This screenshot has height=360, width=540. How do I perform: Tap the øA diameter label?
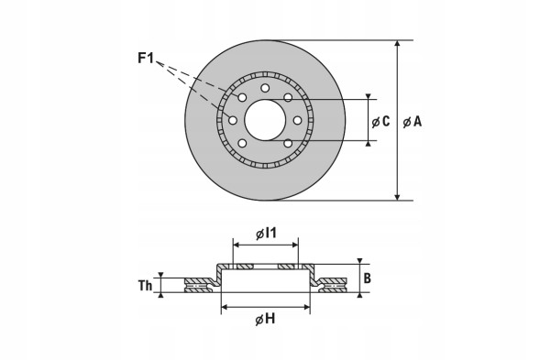click(x=412, y=121)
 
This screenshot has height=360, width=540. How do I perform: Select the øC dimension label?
click(x=380, y=121)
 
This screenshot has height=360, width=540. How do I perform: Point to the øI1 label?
click(x=265, y=234)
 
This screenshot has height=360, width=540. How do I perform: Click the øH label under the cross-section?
click(x=265, y=318)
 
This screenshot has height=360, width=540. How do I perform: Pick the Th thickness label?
click(x=144, y=285)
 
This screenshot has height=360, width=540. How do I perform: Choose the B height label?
click(x=366, y=278)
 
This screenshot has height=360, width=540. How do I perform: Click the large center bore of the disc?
click(x=265, y=120)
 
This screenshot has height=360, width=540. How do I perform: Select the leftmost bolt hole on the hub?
click(x=233, y=121)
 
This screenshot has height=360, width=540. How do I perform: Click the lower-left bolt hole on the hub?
click(x=242, y=143)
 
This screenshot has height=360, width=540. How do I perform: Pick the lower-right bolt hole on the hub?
click(x=288, y=143)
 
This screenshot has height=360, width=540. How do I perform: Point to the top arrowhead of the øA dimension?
click(x=397, y=44)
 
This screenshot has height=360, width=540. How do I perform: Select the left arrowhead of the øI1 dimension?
click(x=235, y=245)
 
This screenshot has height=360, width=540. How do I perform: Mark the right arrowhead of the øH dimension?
click(x=308, y=306)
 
